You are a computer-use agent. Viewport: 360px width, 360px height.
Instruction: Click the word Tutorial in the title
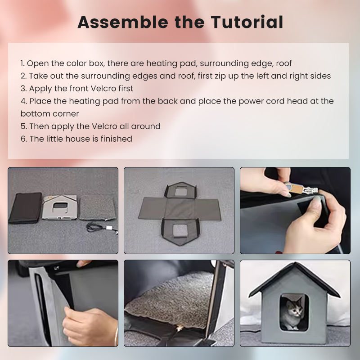click(247, 22)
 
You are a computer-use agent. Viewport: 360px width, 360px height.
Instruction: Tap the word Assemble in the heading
click(122, 22)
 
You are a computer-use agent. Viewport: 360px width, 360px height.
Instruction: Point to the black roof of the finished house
click(294, 278)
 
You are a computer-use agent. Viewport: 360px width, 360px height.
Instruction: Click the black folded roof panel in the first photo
click(25, 208)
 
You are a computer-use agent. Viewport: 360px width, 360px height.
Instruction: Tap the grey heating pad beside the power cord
click(98, 208)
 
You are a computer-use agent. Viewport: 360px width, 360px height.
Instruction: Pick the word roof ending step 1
click(284, 63)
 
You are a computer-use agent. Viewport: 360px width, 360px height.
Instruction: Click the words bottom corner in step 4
click(49, 114)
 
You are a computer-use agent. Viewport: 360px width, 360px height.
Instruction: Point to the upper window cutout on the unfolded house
click(180, 192)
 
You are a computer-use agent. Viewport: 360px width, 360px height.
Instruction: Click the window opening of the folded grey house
click(60, 206)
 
